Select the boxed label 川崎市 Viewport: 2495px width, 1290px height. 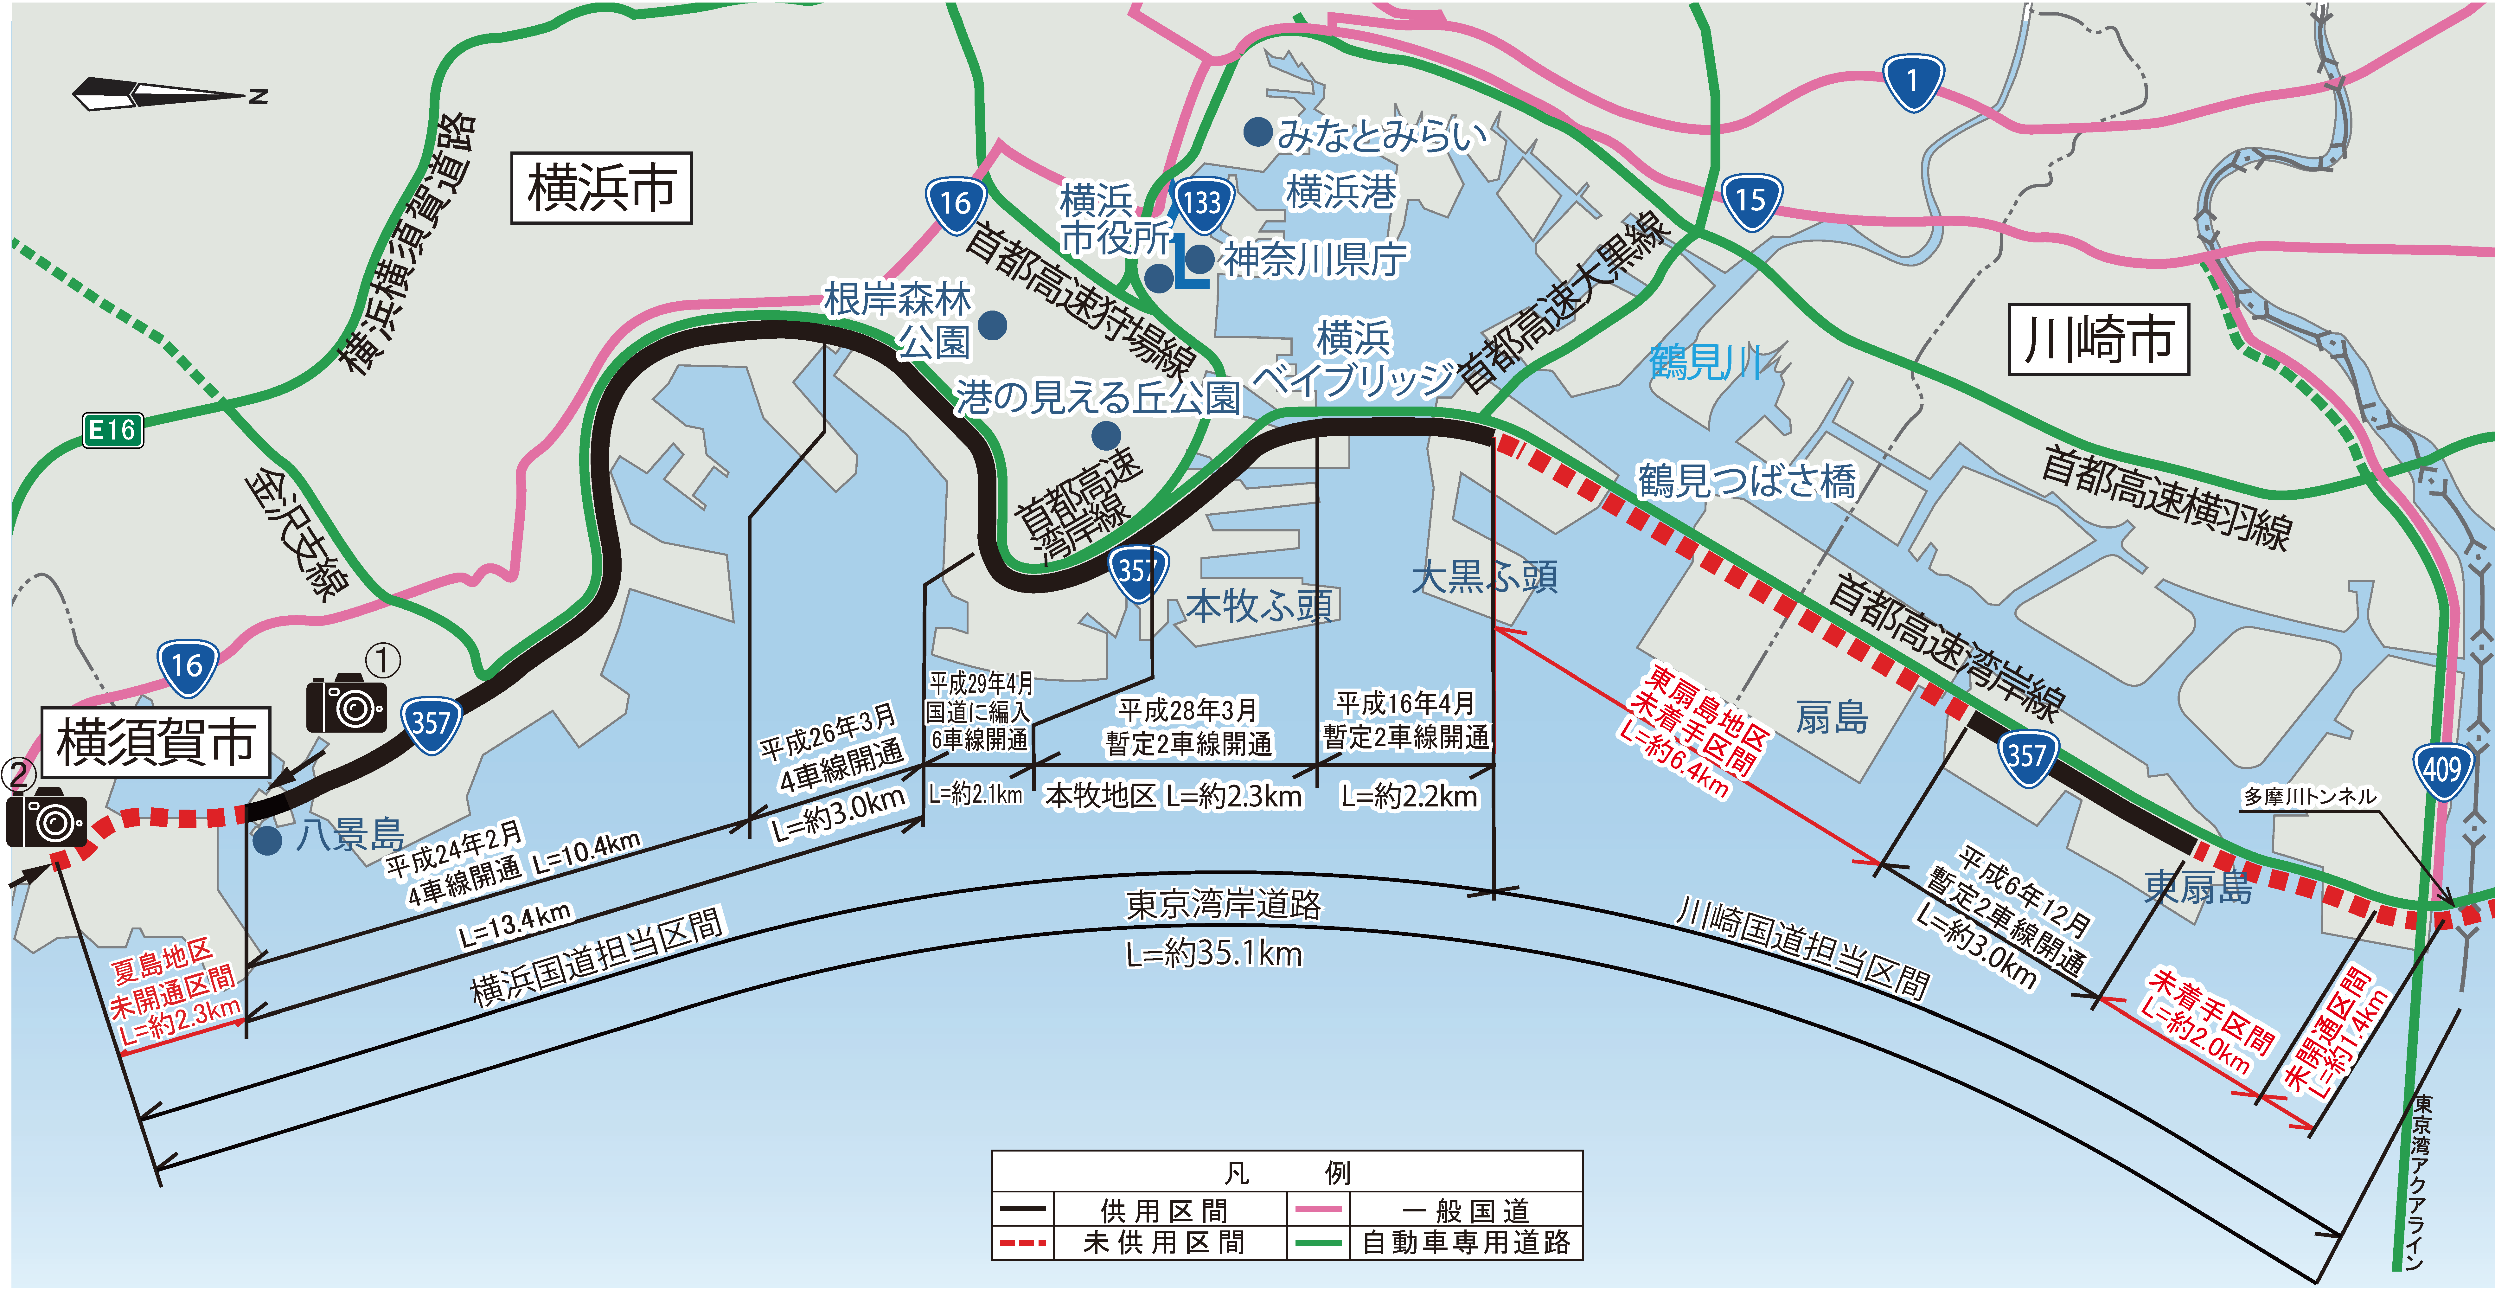[x=2098, y=340]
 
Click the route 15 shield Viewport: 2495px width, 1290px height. [x=1750, y=202]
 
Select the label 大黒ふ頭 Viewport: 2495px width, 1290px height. [x=1484, y=577]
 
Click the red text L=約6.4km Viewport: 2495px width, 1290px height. [x=1673, y=763]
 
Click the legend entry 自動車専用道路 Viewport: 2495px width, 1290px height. [x=1465, y=1242]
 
